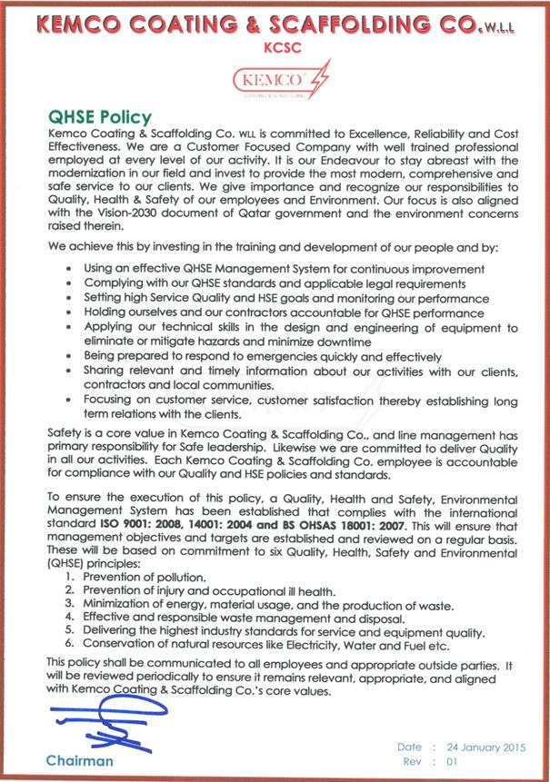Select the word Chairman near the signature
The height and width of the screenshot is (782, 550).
click(81, 760)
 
